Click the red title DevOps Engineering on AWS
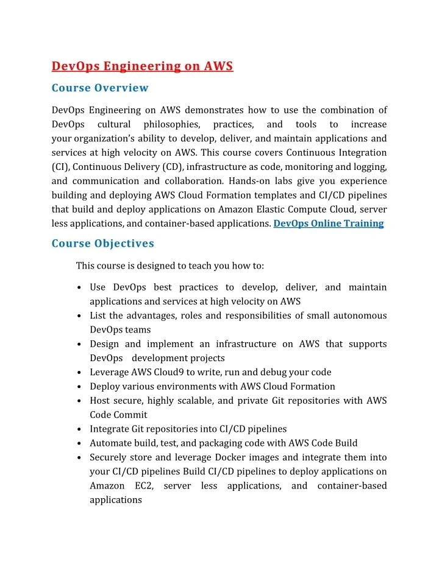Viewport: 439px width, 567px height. [142, 66]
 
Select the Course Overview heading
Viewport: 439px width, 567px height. [100, 88]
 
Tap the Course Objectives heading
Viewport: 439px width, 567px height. [102, 244]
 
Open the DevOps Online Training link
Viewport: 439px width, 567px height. [329, 224]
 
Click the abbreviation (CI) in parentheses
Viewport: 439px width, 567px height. [60, 167]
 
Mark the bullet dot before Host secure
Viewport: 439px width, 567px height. [81, 401]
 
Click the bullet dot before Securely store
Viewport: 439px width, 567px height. [81, 458]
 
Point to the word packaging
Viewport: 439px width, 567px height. [228, 443]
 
